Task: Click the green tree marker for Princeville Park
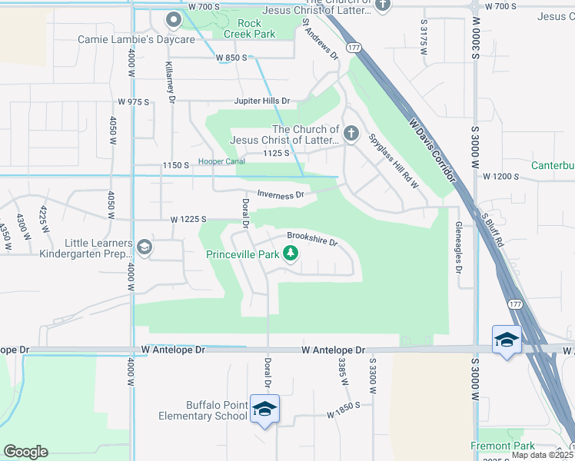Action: tap(291, 253)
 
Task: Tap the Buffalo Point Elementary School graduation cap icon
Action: tap(264, 408)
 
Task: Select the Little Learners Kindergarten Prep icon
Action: tap(145, 247)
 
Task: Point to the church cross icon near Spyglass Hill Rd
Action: tap(351, 134)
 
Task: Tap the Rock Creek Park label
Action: tap(249, 28)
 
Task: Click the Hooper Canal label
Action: tap(221, 161)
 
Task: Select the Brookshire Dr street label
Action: tap(312, 238)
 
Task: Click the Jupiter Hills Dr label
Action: tap(263, 101)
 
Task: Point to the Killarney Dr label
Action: tap(170, 81)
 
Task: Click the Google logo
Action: tap(25, 452)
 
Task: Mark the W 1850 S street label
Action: tap(343, 414)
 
